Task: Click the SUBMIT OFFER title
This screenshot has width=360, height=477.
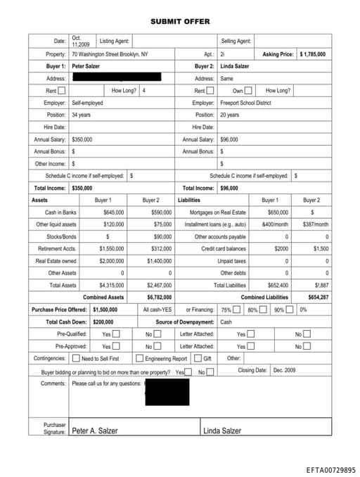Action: [x=179, y=22]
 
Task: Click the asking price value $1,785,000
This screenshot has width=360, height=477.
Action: [x=312, y=54]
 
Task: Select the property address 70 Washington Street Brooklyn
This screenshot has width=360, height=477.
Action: [x=110, y=54]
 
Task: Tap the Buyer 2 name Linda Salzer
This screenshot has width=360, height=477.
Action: [x=235, y=66]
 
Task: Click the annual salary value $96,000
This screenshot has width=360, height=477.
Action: [x=229, y=139]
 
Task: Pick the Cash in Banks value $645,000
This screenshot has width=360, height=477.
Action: [x=113, y=212]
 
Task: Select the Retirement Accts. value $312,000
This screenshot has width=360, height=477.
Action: [x=162, y=248]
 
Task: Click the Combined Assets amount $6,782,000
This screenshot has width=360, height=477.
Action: [x=160, y=297]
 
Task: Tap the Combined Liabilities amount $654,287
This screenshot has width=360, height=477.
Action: [x=318, y=297]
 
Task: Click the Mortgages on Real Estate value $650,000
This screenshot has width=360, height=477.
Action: [x=278, y=212]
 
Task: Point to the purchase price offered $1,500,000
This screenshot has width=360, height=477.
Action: [x=105, y=310]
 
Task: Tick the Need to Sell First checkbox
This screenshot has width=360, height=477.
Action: [x=77, y=358]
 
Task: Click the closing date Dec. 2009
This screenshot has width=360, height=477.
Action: [x=285, y=370]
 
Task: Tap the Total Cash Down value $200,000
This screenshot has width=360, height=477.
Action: [x=105, y=322]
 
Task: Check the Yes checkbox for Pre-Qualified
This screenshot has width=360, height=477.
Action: [x=116, y=334]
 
